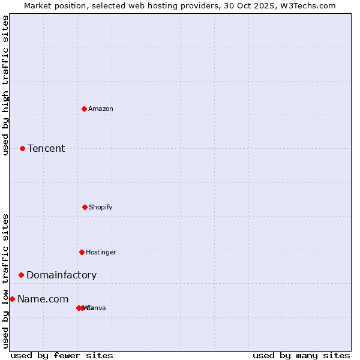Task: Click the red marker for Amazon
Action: tap(84, 109)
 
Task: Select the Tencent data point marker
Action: tap(22, 148)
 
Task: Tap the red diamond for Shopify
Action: tap(85, 207)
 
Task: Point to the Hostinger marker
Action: tap(82, 252)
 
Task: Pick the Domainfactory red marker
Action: tap(21, 275)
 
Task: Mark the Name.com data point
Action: tap(12, 299)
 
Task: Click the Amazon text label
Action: tap(101, 109)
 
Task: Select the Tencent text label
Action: tap(46, 148)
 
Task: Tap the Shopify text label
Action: tap(101, 207)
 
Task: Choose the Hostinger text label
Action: tap(101, 252)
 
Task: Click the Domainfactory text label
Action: tap(61, 275)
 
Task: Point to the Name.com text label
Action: tap(43, 299)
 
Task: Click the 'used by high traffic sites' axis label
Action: tap(5, 85)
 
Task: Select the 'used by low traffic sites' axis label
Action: tap(5, 281)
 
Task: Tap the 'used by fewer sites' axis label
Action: tap(62, 355)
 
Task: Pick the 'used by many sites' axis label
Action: tap(301, 355)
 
